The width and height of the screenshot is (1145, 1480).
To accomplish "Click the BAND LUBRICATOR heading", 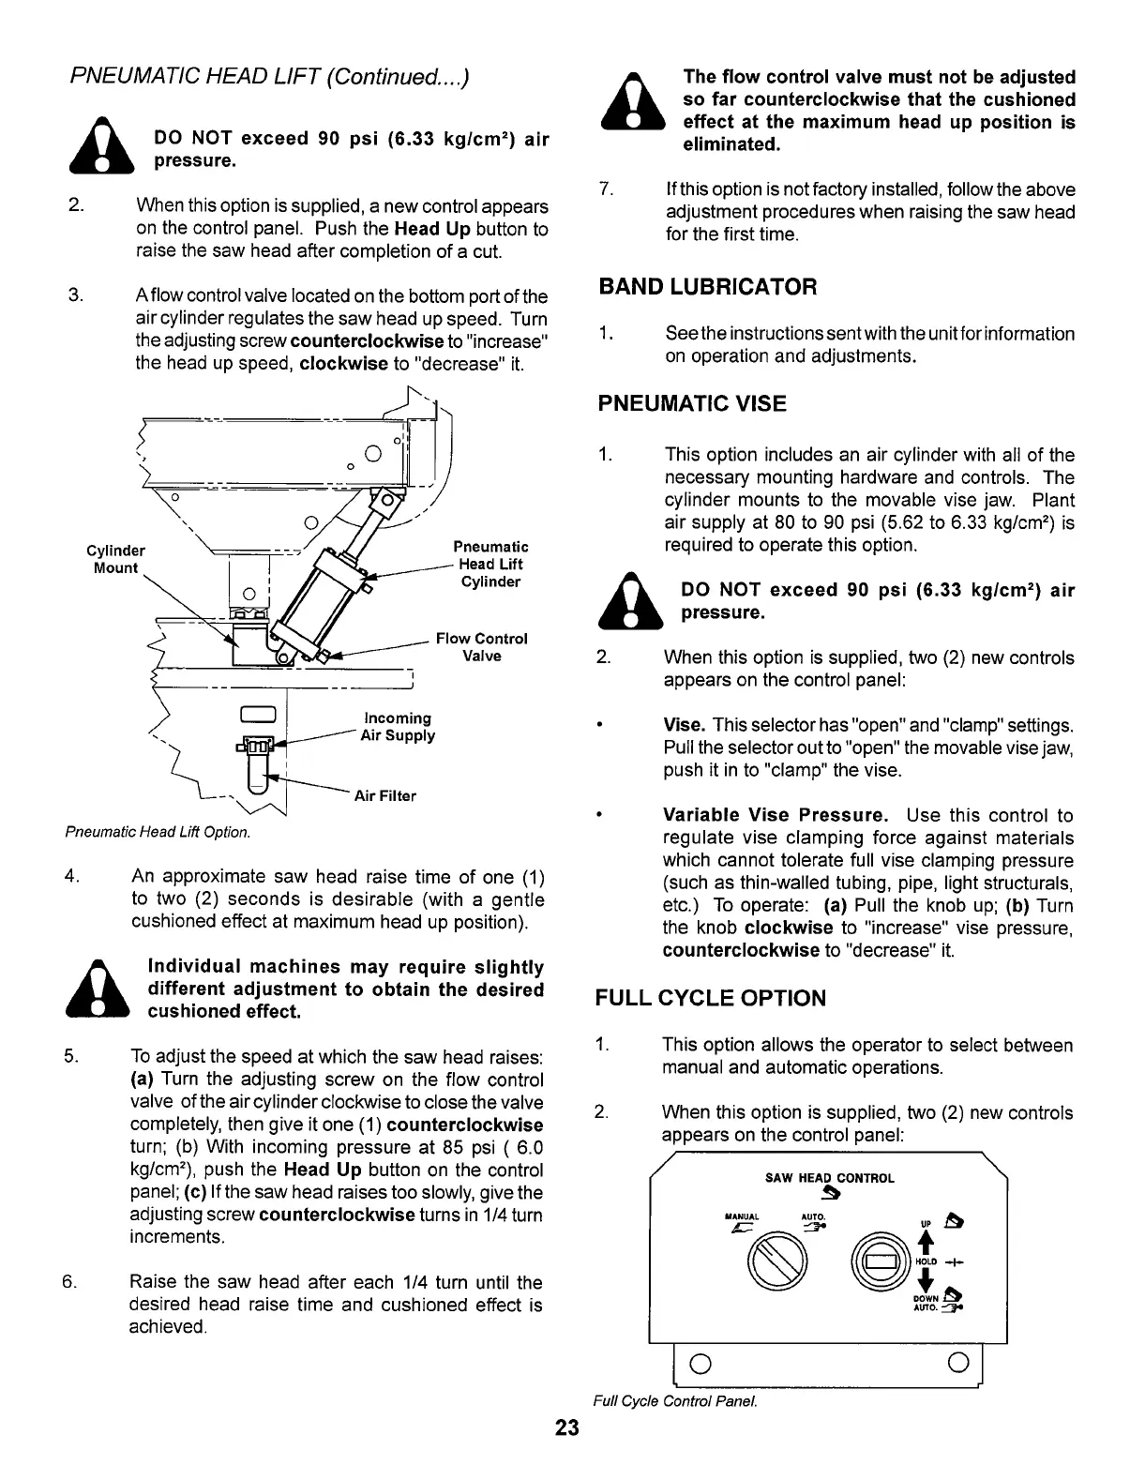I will point(707,286).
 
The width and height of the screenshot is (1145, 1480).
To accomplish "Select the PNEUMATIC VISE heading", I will point(692,404).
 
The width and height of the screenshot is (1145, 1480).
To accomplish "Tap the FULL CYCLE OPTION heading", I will point(711,998).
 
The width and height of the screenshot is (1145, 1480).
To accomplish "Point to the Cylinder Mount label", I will point(115,559).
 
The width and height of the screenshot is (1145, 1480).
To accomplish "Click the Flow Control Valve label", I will point(481,647).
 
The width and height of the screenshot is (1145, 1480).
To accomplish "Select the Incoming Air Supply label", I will point(398,726).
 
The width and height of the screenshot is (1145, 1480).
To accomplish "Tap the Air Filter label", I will point(384,796).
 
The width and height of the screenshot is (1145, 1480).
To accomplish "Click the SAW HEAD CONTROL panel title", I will point(829,1178).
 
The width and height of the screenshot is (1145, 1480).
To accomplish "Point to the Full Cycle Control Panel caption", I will point(674,1401).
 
